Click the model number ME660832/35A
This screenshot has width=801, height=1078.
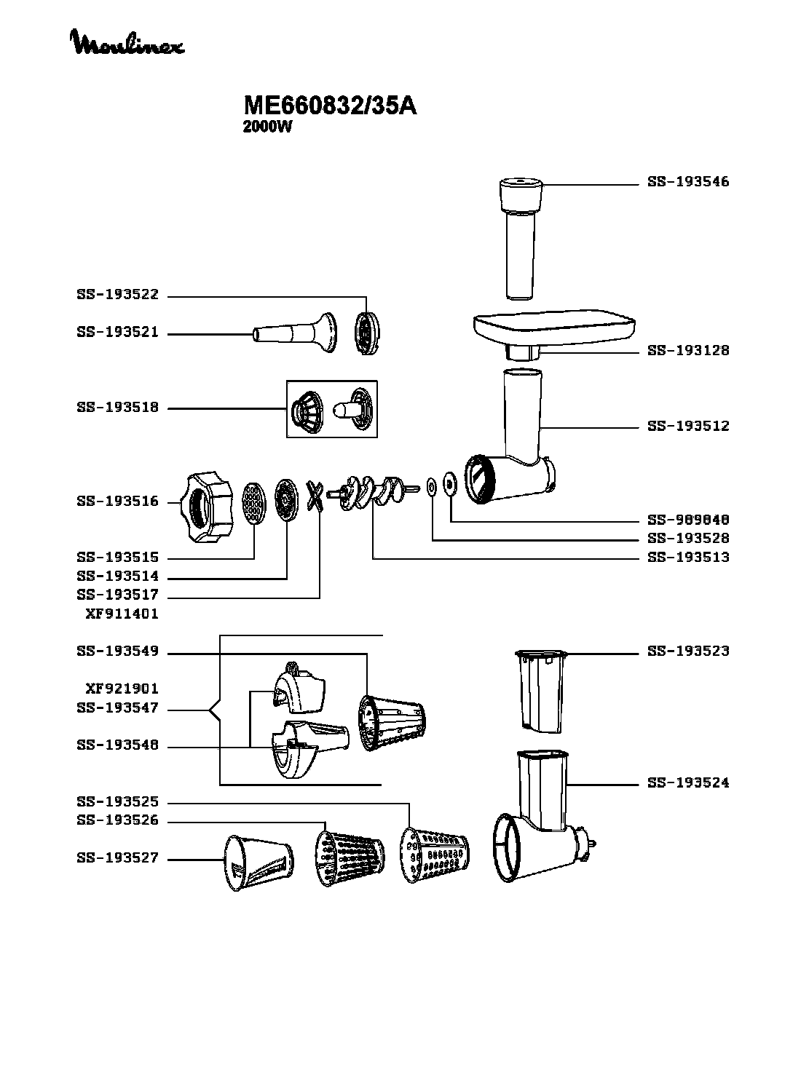(x=330, y=106)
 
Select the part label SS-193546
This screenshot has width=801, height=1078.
(x=688, y=182)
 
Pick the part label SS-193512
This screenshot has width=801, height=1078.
(x=688, y=426)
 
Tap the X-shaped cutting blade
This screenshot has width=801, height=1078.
(x=315, y=496)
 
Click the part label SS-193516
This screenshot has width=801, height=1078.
(x=117, y=502)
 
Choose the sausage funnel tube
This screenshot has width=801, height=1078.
(x=295, y=333)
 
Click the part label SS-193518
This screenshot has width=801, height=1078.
(x=117, y=408)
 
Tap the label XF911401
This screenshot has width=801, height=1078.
(x=122, y=614)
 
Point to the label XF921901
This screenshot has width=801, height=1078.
(x=122, y=689)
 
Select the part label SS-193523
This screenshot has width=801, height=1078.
(x=688, y=651)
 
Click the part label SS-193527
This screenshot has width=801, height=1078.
(x=117, y=858)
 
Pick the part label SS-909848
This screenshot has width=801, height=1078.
(x=688, y=520)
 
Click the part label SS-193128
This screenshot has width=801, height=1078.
(x=688, y=351)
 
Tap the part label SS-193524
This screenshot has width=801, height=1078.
(x=688, y=783)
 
